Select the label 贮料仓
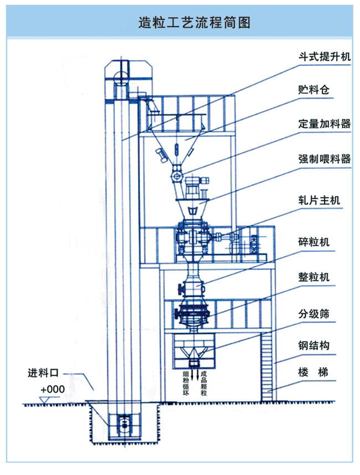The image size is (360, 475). pyautogui.click(x=313, y=90)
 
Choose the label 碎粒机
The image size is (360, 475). pyautogui.click(x=313, y=242)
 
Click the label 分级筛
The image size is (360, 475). pyautogui.click(x=313, y=313)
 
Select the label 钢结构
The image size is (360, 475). pyautogui.click(x=313, y=347)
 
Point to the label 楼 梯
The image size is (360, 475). pyautogui.click(x=313, y=373)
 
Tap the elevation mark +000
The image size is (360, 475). pyautogui.click(x=53, y=390)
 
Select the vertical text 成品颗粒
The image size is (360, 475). pyautogui.click(x=204, y=383)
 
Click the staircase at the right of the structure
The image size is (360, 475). pyautogui.click(x=268, y=360)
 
